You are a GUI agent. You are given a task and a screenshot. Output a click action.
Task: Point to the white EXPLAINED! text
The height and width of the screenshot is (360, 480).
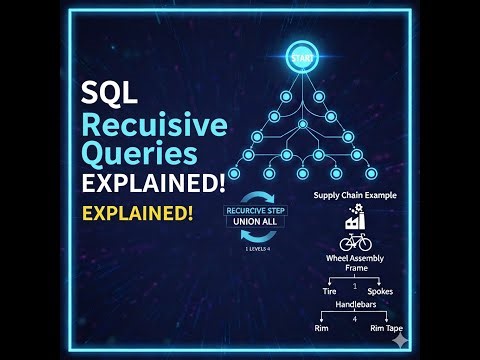pyautogui.click(x=153, y=186)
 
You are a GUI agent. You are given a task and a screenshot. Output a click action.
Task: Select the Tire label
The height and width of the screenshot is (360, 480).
pyautogui.click(x=328, y=291)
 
